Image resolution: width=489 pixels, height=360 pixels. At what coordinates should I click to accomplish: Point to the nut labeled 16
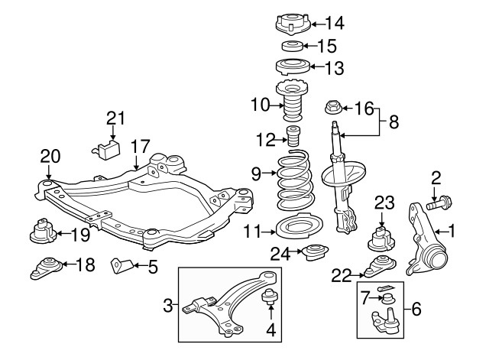pos(335,108)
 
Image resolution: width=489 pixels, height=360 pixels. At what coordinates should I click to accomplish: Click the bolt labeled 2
pos(440,204)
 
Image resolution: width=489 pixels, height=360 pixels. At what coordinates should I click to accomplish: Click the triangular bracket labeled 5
pos(120,266)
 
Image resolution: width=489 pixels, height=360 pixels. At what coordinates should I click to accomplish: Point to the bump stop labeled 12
pos(291,139)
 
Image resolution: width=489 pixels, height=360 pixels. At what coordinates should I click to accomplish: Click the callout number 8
pos(394,120)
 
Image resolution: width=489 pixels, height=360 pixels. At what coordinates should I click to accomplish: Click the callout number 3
pos(168,308)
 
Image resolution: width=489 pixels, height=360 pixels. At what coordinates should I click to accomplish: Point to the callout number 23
pos(384,203)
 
